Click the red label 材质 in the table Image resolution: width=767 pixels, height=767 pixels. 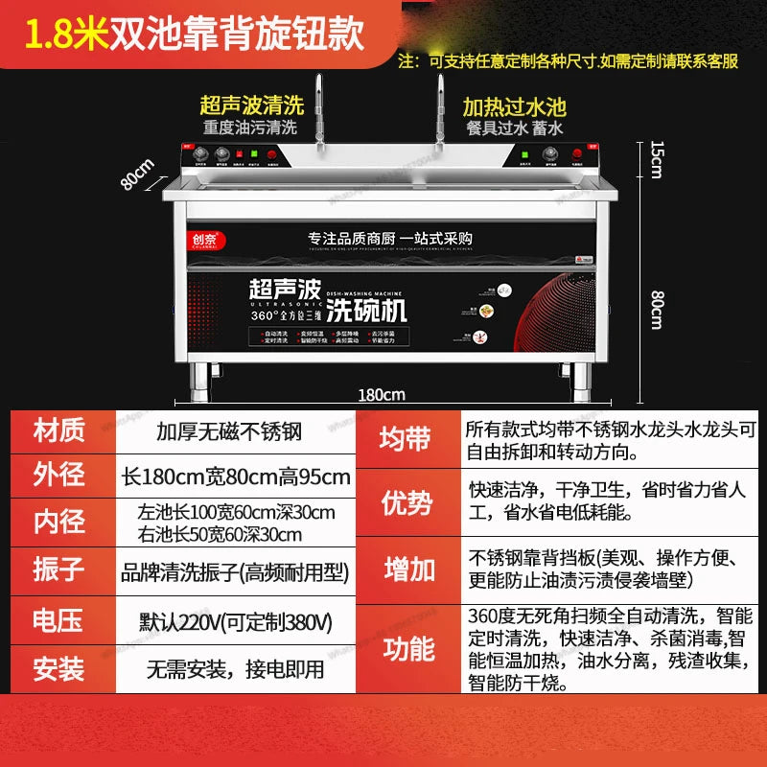(x=59, y=431)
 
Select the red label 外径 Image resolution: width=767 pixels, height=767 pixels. (x=59, y=476)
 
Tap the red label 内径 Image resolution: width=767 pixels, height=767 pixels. (x=59, y=523)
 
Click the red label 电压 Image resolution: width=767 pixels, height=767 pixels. (x=59, y=621)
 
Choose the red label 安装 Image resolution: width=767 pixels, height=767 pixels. (x=59, y=668)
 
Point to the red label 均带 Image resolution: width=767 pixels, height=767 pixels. (x=407, y=440)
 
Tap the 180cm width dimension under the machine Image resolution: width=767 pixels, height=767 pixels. (x=381, y=394)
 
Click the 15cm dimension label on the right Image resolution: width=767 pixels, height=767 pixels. (x=656, y=159)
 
